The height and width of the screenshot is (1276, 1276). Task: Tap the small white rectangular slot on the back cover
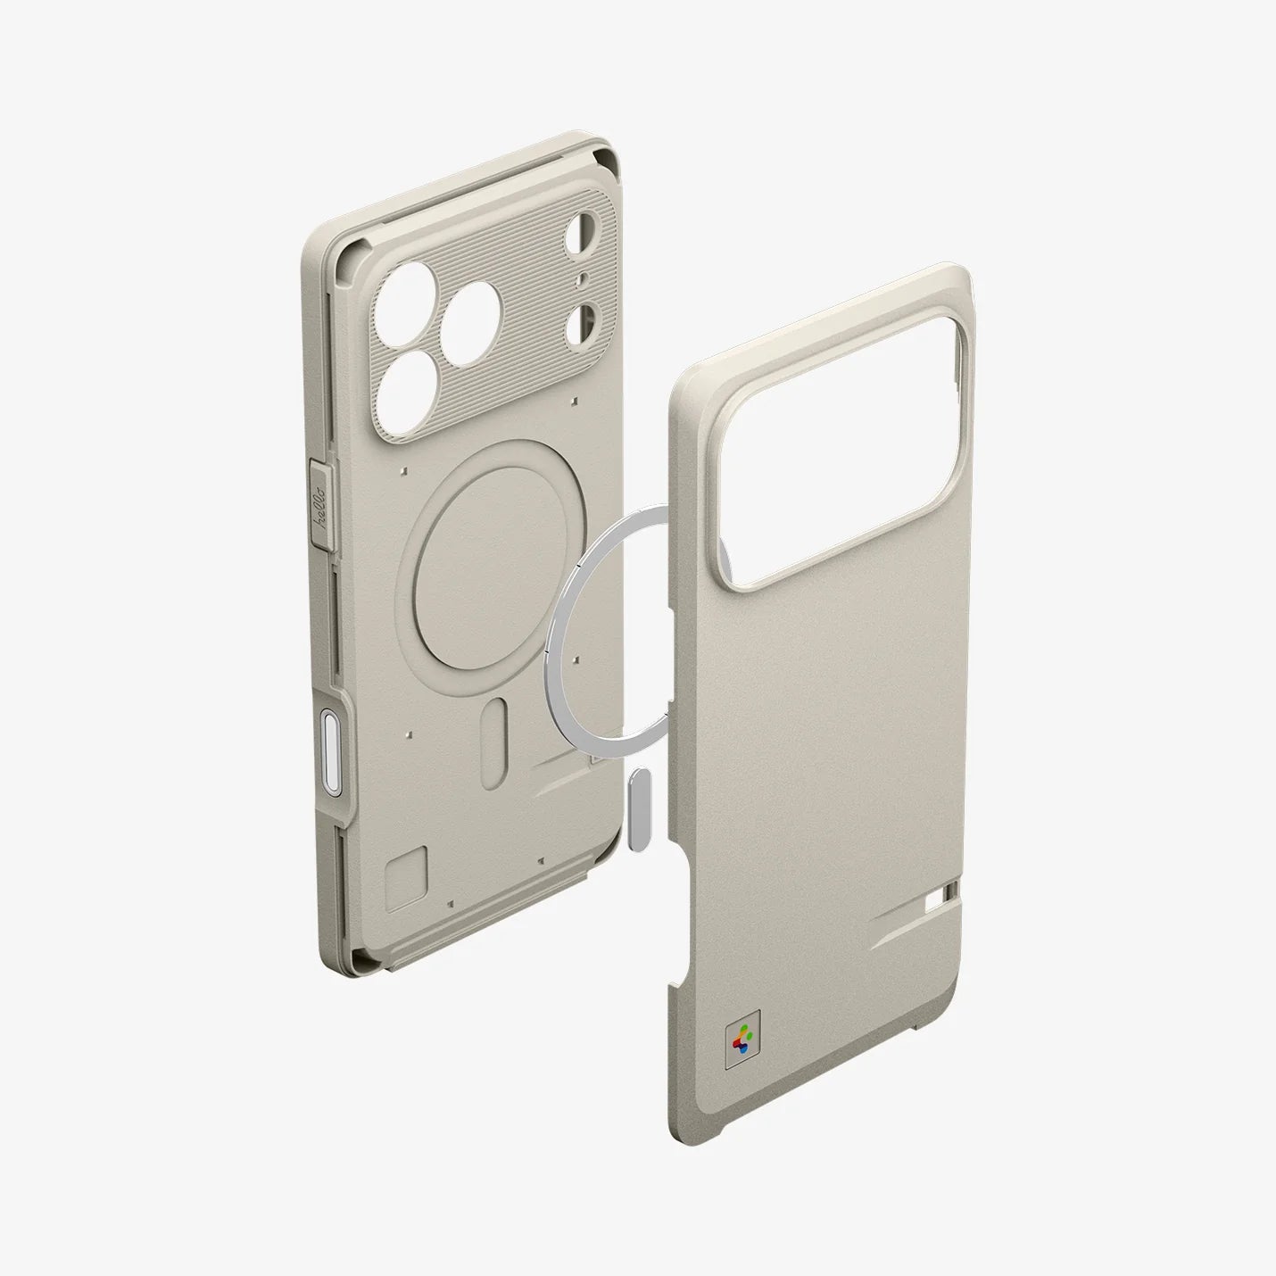click(x=940, y=906)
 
